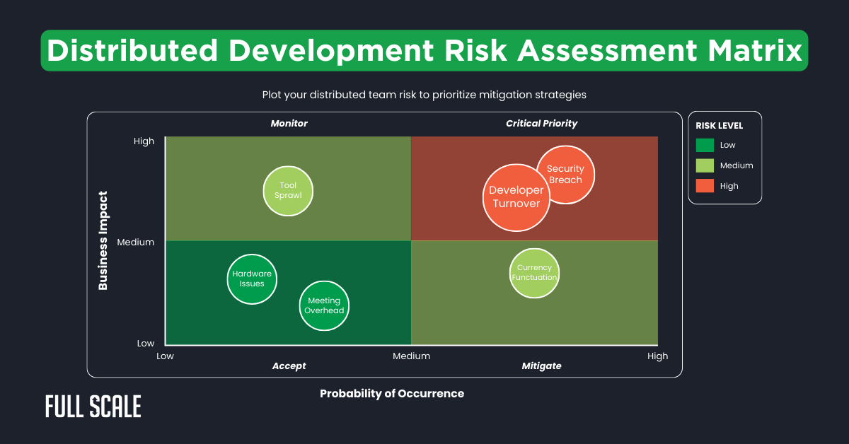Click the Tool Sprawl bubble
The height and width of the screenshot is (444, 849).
(x=287, y=191)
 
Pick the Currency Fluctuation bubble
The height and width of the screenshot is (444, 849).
(x=535, y=273)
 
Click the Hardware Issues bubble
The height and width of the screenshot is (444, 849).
(x=252, y=279)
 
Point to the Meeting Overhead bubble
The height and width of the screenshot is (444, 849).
(x=324, y=305)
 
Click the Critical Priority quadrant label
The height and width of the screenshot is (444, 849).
(x=541, y=124)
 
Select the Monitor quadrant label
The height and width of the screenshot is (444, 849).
(x=289, y=124)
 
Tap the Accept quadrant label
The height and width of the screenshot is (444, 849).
(x=289, y=366)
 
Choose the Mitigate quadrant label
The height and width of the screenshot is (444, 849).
(x=541, y=366)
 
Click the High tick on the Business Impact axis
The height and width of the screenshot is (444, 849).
(x=144, y=141)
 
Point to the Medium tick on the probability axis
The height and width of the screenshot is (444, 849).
(x=411, y=356)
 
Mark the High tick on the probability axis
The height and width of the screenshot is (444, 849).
(x=657, y=356)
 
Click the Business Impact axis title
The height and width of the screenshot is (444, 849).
(x=103, y=240)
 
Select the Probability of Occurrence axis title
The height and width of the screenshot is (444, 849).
(x=392, y=394)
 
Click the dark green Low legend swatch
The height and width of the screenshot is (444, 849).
(x=705, y=145)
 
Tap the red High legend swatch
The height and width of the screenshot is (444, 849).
(x=705, y=186)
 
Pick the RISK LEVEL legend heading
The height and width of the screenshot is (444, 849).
(x=720, y=126)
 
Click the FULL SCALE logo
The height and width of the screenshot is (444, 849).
(x=93, y=407)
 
